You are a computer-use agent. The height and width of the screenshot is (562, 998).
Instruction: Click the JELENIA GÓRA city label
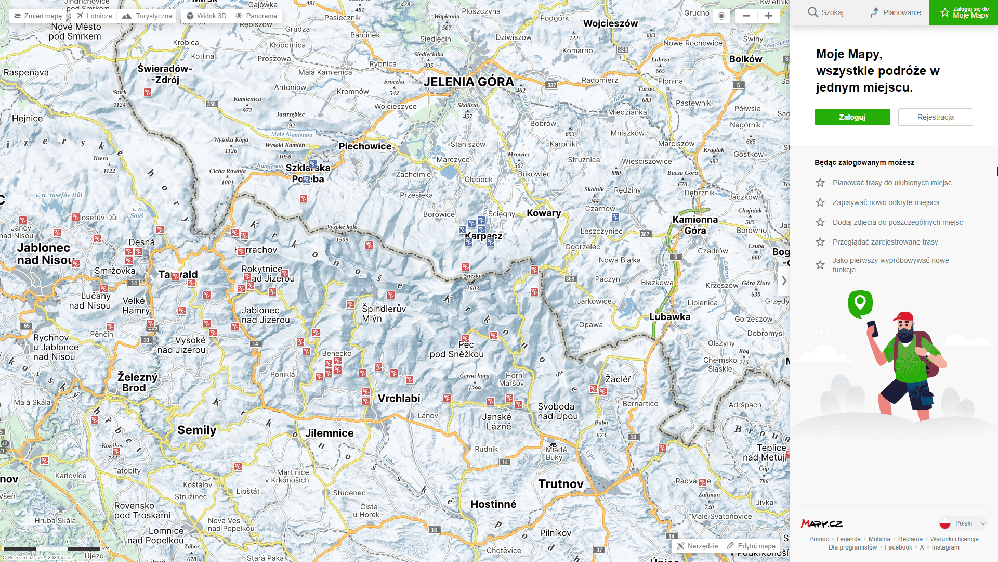468,82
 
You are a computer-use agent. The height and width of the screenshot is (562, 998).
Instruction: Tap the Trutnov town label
561,484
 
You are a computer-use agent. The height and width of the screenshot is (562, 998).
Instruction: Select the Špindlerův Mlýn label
384,313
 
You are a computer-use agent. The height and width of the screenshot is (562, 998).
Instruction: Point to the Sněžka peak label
473,276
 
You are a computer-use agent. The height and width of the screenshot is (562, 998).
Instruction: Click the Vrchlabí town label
399,399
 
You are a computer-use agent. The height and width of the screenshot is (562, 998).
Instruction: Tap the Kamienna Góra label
695,225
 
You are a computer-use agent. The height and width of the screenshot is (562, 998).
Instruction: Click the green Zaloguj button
852,117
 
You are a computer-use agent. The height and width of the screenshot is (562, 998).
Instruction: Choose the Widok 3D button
206,16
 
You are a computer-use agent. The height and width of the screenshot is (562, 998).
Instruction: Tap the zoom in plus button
768,16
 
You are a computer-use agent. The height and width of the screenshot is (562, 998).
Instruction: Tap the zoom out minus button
746,16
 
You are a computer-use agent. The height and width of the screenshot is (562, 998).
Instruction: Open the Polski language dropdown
963,523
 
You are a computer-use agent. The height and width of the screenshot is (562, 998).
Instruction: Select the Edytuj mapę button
751,546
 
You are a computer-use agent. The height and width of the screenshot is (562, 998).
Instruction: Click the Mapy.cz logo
821,523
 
